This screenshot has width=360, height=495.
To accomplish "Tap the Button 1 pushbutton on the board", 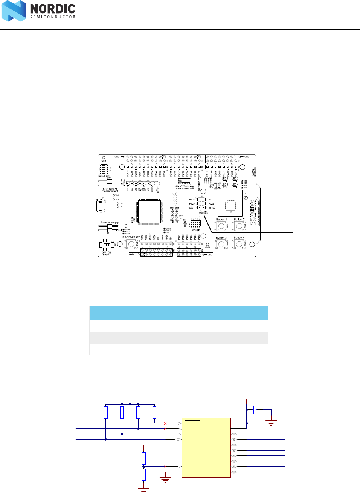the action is click(x=221, y=226).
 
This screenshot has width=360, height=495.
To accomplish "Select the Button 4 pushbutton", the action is click(x=239, y=244).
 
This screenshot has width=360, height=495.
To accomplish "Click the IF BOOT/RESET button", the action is click(x=131, y=244).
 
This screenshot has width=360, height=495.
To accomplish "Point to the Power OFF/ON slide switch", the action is click(x=107, y=245).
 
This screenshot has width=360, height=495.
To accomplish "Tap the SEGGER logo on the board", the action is click(x=185, y=182).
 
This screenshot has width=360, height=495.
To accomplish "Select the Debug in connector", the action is click(x=195, y=223).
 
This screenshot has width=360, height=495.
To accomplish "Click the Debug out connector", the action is click(x=104, y=169).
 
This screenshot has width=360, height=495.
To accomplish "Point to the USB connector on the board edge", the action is click(x=101, y=206).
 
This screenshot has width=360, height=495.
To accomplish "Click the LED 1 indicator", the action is click(x=224, y=182).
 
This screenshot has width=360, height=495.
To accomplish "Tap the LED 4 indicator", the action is click(x=235, y=187).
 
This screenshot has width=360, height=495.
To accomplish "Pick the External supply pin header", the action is click(x=110, y=228).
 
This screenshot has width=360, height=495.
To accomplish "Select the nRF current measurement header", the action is click(x=110, y=183).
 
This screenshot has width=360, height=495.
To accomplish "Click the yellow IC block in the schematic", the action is click(x=206, y=448).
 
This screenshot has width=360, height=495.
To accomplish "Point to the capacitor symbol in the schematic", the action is click(x=255, y=409).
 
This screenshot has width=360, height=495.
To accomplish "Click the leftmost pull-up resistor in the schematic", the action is click(x=106, y=412).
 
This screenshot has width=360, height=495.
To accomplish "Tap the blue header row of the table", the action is click(x=178, y=313).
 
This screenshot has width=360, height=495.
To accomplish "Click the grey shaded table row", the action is click(x=178, y=338).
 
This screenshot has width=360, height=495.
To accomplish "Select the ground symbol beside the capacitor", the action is click(x=271, y=423).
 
